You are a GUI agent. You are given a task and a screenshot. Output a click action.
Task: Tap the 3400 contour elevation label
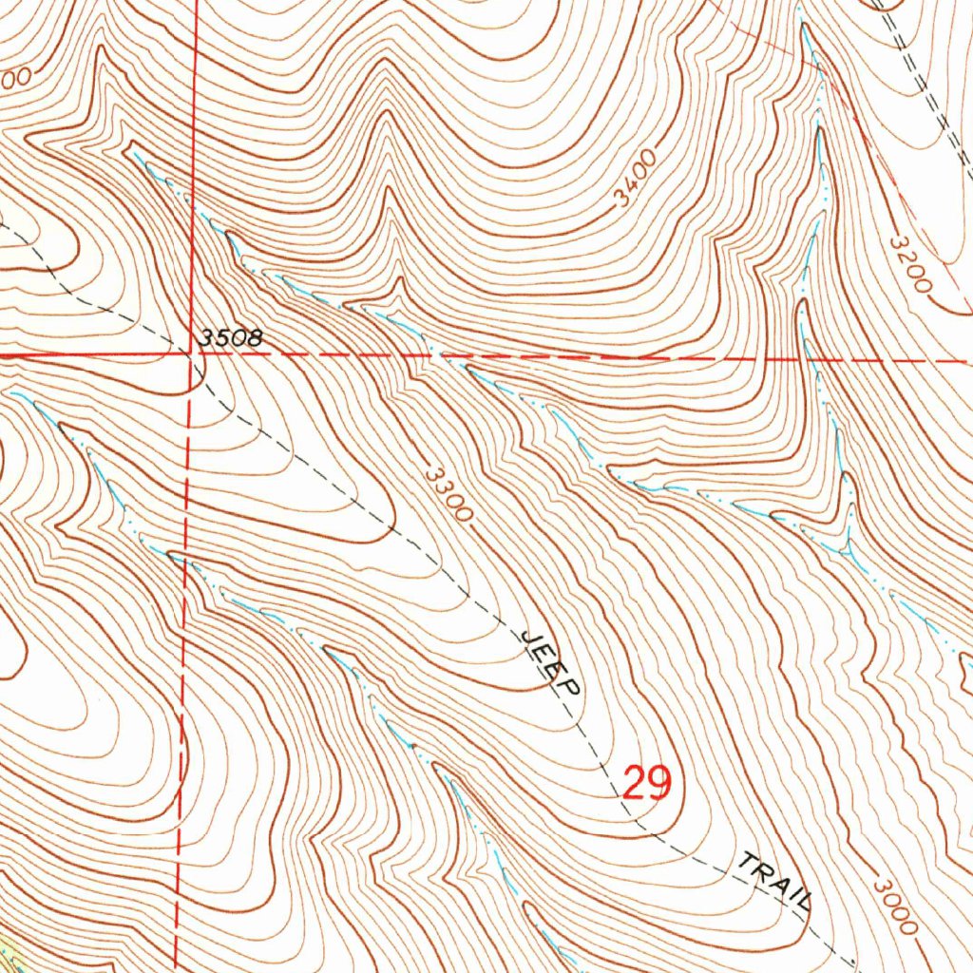tap(635, 178)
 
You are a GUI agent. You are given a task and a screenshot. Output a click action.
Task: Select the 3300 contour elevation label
tap(448, 494)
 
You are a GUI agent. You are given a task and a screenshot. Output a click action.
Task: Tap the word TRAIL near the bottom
tap(774, 880)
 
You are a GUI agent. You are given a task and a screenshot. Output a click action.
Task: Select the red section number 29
tap(647, 783)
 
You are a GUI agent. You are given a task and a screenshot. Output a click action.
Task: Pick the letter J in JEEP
tap(529, 635)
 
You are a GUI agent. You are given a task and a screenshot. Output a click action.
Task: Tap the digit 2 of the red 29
tap(635, 783)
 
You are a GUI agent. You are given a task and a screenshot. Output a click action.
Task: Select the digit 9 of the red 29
tap(659, 783)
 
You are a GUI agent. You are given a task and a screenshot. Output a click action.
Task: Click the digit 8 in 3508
tap(253, 338)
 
